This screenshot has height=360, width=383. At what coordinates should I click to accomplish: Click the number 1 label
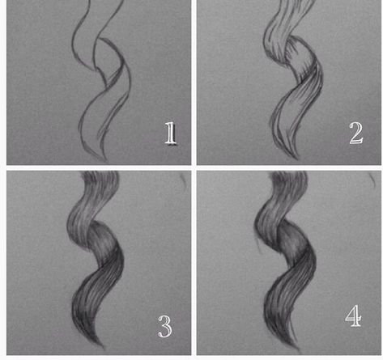click(x=171, y=133)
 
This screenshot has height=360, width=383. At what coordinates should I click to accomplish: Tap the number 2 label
click(x=356, y=133)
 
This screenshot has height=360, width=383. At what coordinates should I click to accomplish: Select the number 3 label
click(x=164, y=327)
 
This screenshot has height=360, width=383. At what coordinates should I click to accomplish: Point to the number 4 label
click(x=353, y=316)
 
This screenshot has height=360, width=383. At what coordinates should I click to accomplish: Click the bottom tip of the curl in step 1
click(x=106, y=162)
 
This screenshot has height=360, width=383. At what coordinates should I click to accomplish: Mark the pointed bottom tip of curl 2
click(x=297, y=159)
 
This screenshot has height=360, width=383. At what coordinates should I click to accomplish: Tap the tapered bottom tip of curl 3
click(x=104, y=348)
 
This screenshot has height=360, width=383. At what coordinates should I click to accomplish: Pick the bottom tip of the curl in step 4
click(x=299, y=350)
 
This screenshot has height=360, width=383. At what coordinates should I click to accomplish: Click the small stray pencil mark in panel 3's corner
click(x=184, y=180)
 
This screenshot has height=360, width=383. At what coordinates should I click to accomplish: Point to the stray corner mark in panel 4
click(x=372, y=180)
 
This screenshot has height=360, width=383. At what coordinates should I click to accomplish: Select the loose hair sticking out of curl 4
click(x=258, y=244)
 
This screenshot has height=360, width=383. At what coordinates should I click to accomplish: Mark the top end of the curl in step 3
click(x=100, y=173)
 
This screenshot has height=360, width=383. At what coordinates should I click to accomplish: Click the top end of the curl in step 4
click(x=288, y=173)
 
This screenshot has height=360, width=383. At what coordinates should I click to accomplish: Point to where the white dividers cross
click(x=194, y=167)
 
